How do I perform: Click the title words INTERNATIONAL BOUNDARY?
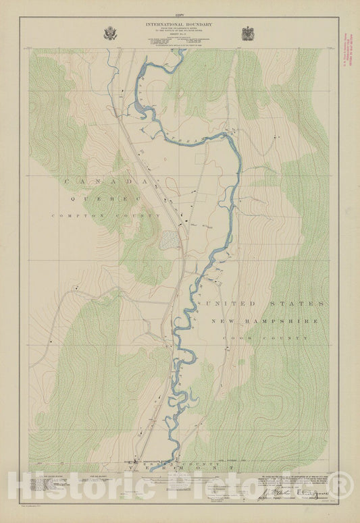(x=179, y=24)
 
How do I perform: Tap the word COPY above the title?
(x=179, y=14)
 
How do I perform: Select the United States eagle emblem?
(x=110, y=33)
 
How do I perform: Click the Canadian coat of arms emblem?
(x=249, y=33)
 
